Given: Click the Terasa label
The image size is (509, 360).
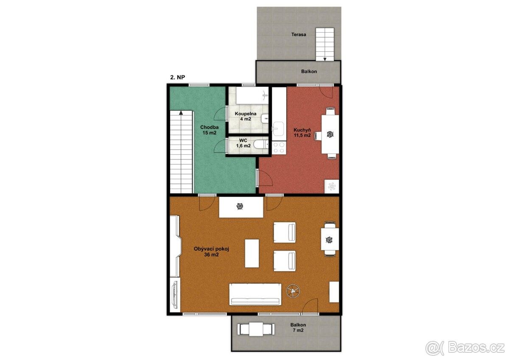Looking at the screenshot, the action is [x=299, y=34].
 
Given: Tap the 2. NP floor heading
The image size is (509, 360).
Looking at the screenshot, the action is [x=177, y=77].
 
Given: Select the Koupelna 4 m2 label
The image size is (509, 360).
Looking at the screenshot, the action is [x=246, y=116].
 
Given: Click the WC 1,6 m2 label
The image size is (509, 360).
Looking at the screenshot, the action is [x=243, y=143].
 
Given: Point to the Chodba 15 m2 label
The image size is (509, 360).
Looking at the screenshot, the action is [x=209, y=130].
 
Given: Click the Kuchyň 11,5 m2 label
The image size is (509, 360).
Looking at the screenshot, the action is [x=302, y=133].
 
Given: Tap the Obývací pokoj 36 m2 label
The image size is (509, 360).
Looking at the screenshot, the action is [x=211, y=251].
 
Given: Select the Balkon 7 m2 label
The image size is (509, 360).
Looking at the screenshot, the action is [x=298, y=327].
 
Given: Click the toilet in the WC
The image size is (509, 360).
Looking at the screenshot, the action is [x=260, y=145].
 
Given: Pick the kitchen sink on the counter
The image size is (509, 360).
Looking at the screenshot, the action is [x=278, y=128].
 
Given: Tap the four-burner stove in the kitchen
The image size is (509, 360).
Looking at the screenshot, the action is [x=279, y=148].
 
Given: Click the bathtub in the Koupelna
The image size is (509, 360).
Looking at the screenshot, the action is [x=252, y=95].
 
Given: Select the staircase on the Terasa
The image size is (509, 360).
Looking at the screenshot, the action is [x=325, y=44].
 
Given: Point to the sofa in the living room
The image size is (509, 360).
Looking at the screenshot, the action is [x=255, y=294].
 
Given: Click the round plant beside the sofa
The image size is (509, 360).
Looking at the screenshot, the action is [x=293, y=291].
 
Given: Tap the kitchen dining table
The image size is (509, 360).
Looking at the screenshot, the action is [x=330, y=134].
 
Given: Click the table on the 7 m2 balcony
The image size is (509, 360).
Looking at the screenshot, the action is [x=256, y=329].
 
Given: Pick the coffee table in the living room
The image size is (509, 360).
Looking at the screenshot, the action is [x=252, y=254].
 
